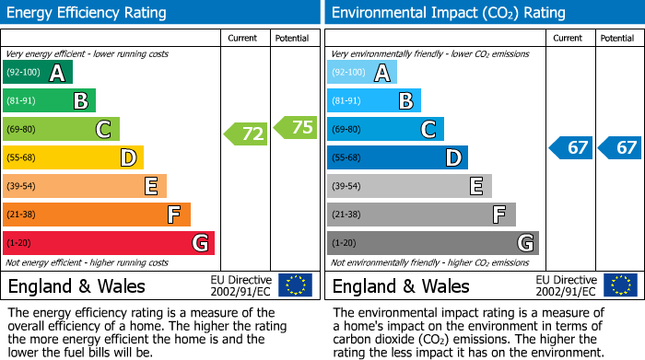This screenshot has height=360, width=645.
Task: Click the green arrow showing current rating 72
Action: pyautogui.click(x=246, y=134)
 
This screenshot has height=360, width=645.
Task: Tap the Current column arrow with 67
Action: pyautogui.click(x=570, y=147)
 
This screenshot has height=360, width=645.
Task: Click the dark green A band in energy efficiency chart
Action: pyautogui.click(x=38, y=73)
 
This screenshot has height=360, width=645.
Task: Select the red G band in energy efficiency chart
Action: pyautogui.click(x=109, y=243)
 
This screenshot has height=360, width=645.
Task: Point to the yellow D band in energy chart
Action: pyautogui.click(x=74, y=157)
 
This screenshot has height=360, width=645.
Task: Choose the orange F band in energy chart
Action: pyautogui.click(x=97, y=215)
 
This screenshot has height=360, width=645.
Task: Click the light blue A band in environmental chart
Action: pyautogui.click(x=362, y=73)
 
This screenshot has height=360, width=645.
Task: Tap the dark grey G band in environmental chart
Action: pyautogui.click(x=433, y=243)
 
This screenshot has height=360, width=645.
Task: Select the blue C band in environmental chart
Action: pyautogui.click(x=385, y=129)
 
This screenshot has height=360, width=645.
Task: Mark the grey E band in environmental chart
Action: pyautogui.click(x=409, y=186)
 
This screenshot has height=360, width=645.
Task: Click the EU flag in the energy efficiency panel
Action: pyautogui.click(x=295, y=285)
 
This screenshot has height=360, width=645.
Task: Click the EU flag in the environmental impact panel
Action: pyautogui.click(x=619, y=285)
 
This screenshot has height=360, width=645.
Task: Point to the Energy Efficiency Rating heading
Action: pyautogui.click(x=88, y=13)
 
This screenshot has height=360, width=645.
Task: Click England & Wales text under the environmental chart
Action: pyautogui.click(x=401, y=286)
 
